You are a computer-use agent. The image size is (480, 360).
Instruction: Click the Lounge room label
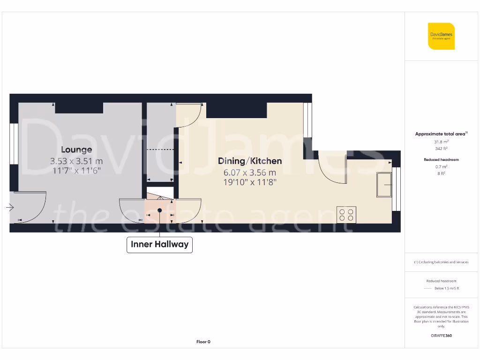[x=76, y=150]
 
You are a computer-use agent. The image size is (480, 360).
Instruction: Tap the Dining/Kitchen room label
[x=250, y=161]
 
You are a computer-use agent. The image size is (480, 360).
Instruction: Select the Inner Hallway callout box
[x=159, y=245]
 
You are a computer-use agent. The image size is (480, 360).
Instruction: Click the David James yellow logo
[x=441, y=36]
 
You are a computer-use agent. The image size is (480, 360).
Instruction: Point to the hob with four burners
[x=346, y=215]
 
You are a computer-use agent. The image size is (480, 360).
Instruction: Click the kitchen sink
[x=384, y=185]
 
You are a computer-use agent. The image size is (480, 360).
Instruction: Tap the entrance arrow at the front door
[x=11, y=207]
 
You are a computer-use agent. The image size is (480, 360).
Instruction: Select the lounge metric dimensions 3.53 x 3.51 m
[x=76, y=161]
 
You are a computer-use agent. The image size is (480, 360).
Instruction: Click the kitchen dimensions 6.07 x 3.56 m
[x=250, y=172]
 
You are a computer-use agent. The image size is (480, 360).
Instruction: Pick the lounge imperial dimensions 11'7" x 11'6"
[x=76, y=172]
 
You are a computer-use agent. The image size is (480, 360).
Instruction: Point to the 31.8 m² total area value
[x=441, y=141]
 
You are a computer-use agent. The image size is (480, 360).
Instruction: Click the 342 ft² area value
[x=441, y=149]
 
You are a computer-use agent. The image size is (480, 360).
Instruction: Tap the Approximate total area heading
[x=441, y=134]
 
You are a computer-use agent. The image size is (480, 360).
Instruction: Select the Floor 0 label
[x=203, y=342]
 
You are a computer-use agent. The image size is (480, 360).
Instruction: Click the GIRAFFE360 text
[x=441, y=336]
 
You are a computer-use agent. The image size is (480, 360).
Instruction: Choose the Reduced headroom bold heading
[x=441, y=160]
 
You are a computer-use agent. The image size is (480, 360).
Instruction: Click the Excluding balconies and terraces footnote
[x=441, y=262]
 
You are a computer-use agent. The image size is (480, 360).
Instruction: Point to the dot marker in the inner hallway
[x=160, y=210]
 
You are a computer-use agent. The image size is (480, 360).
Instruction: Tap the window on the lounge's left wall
[x=14, y=143]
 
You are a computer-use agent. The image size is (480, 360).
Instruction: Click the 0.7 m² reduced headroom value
[x=441, y=167]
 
